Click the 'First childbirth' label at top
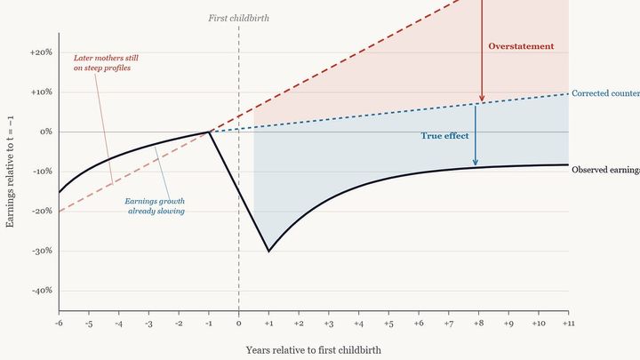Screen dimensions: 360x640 point(238,17)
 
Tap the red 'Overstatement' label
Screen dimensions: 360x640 point(521,46)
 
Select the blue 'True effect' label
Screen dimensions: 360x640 point(444,136)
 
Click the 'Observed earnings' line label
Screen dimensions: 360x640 point(604,169)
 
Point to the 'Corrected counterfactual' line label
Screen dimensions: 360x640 point(604,92)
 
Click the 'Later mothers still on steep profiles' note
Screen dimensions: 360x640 point(106,62)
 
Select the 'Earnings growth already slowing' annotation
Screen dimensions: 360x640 point(156,206)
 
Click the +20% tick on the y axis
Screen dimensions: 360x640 point(40,52)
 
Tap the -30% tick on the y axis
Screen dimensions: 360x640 point(41,251)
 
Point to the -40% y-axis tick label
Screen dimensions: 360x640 point(41,291)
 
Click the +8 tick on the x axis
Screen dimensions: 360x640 point(477,324)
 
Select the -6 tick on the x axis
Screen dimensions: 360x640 point(59,324)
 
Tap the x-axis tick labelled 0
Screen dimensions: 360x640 point(238,324)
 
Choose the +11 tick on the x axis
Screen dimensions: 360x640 point(567,324)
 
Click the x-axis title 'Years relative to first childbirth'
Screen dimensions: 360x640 point(313,349)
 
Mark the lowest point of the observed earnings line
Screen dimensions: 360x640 point(268,251)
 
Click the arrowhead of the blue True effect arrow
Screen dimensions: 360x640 point(476,163)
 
